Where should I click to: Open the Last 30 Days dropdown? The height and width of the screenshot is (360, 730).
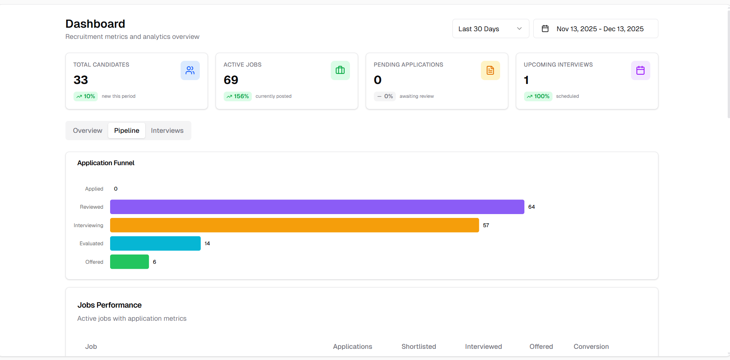pos(490,29)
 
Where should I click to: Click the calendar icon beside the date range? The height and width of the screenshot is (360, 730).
pos(545,29)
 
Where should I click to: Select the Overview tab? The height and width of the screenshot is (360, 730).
pos(87,131)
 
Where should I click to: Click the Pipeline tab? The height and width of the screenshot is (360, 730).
pos(127,131)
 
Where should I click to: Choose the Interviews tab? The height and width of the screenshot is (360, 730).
pos(167,131)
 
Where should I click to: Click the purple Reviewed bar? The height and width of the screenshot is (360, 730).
pos(317,207)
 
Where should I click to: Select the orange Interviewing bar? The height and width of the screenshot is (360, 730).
pos(294,225)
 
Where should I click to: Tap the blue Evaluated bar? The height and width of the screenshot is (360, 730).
pos(155,243)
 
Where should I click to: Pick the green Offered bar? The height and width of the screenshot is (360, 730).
pos(129,262)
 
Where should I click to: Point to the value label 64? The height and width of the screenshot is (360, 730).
pos(531,207)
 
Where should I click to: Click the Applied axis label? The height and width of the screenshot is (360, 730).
pos(94,189)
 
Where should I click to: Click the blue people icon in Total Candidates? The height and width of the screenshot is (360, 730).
pos(190,70)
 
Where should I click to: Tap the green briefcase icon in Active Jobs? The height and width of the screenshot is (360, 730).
pos(340,70)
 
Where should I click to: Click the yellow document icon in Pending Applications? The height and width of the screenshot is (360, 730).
pos(490,70)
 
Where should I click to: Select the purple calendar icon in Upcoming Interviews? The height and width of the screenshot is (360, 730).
pos(640,70)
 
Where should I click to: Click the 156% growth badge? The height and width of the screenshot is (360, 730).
pos(238,96)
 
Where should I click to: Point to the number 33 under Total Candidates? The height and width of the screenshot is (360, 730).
pos(81,80)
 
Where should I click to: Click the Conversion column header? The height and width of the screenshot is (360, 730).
pos(591,347)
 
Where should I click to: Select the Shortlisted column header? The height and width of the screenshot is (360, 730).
pos(419,347)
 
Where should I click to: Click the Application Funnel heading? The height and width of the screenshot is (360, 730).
pos(106,163)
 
